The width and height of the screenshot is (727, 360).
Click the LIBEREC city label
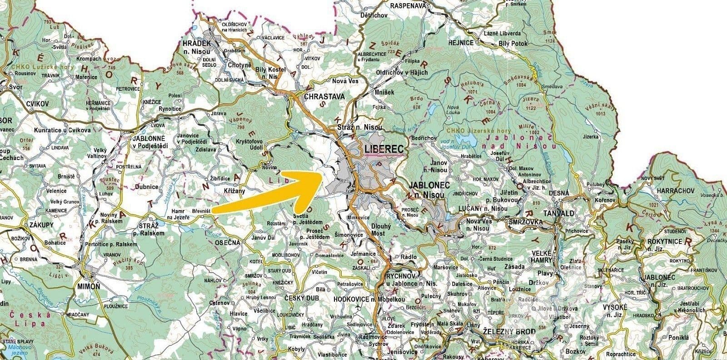[x=383, y=149]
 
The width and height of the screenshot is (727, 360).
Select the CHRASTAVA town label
[x=324, y=97]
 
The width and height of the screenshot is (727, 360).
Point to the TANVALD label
[x=558, y=213]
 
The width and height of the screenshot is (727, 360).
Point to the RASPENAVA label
[x=408, y=5]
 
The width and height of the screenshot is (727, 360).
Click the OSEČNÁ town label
[x=227, y=243]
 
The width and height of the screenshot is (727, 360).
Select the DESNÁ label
[x=559, y=193]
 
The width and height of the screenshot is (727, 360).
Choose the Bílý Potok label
[x=514, y=43]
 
